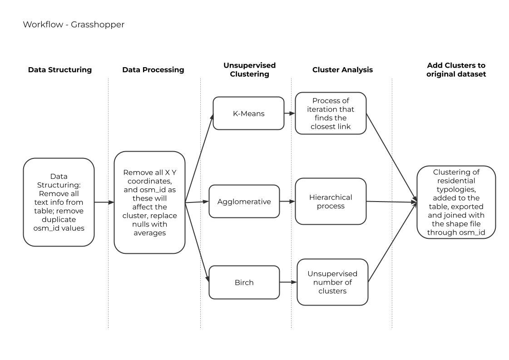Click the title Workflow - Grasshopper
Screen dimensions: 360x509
pyautogui.click(x=74, y=25)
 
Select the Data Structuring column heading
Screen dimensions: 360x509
pyautogui.click(x=60, y=70)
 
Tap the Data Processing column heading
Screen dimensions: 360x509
pyautogui.click(x=153, y=70)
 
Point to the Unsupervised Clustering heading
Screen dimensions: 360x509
pyautogui.click(x=249, y=69)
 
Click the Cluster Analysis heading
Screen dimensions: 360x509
pyautogui.click(x=342, y=70)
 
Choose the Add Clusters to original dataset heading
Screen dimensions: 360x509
pyautogui.click(x=456, y=69)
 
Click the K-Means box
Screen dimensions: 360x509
pyautogui.click(x=248, y=113)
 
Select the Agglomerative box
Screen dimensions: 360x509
pyautogui.click(x=244, y=201)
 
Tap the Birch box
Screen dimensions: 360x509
pyautogui.click(x=244, y=282)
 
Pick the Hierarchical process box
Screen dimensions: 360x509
pyautogui.click(x=331, y=201)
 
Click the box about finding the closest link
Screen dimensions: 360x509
pyautogui.click(x=331, y=113)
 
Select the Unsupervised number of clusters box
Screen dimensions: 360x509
pyautogui.click(x=332, y=282)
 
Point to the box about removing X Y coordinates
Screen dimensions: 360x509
pyautogui.click(x=149, y=202)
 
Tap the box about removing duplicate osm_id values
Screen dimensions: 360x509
pyautogui.click(x=59, y=202)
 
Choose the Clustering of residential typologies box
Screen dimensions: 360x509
pyautogui.click(x=456, y=202)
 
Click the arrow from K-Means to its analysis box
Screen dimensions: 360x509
pyautogui.click(x=290, y=113)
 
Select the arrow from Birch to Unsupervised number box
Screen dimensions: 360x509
pyautogui.click(x=288, y=282)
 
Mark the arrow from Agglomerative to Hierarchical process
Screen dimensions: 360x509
pyautogui.click(x=287, y=201)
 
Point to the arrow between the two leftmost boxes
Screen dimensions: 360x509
pyautogui.click(x=104, y=202)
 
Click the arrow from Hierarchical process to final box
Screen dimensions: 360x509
pyautogui.click(x=391, y=202)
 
